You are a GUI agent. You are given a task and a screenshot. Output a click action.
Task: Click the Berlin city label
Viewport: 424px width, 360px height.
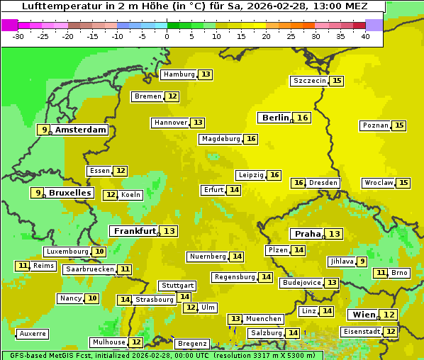coord(275,118)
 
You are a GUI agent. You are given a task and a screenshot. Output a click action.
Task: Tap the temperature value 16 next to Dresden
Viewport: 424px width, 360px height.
coord(299,183)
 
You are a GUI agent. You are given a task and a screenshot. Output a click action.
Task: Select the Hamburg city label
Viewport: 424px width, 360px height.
coord(179,74)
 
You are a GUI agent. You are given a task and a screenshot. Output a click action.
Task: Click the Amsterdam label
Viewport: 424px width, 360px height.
coord(80,130)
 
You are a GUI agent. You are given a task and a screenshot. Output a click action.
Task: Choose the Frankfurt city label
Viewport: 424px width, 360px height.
coord(135,231)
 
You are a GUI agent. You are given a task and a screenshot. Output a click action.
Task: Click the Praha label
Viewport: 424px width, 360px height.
coord(308,234)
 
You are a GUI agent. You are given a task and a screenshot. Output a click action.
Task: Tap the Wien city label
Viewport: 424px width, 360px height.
coord(362,315)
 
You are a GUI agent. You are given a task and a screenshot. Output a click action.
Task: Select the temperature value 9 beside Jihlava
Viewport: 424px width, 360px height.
coord(362,261)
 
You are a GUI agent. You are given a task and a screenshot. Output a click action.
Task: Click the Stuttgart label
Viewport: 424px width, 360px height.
coord(177,286)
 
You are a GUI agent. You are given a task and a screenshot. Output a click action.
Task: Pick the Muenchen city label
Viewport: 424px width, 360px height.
coord(264,319)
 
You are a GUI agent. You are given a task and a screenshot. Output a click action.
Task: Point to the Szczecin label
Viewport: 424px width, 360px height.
coord(310,81)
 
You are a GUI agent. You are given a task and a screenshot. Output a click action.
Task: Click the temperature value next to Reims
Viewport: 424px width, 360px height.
coord(23,266)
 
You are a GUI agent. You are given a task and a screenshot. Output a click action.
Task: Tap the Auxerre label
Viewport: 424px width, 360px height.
coord(33,333)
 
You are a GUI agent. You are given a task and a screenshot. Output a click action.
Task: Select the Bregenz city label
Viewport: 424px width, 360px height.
coord(191,344)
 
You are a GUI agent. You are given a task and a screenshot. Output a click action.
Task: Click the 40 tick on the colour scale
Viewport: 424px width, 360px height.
coord(365,35)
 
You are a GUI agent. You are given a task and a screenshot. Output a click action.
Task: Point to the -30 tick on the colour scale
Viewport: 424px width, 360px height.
coord(18,35)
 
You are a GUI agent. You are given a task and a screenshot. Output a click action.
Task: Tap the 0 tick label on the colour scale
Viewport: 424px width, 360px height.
coord(167,35)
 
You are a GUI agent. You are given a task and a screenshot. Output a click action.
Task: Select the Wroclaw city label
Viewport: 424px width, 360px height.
coord(379,183)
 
